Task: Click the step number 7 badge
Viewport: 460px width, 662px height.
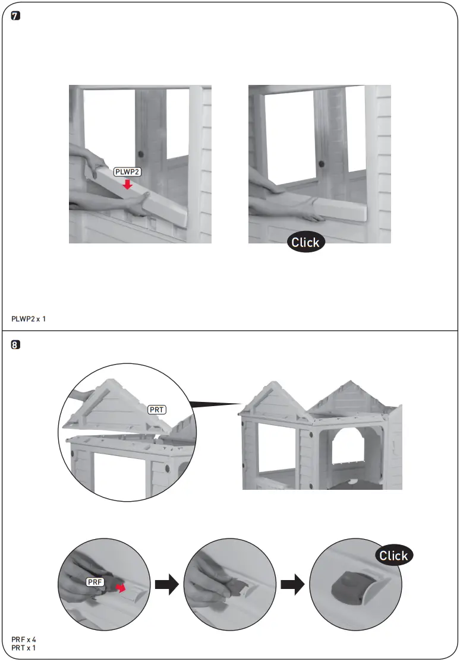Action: point(16,17)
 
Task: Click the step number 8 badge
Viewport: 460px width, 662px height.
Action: point(16,345)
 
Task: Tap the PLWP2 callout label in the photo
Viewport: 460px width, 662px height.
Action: point(127,173)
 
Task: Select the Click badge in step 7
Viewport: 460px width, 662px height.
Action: point(305,242)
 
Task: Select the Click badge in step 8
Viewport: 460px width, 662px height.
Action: point(393,555)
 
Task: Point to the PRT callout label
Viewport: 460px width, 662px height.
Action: point(157,409)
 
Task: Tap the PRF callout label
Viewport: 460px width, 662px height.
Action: point(95,583)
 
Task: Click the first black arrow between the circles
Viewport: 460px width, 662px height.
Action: point(166,586)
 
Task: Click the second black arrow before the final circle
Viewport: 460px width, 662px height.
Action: point(292,586)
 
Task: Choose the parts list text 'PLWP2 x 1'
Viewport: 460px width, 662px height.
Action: point(29,319)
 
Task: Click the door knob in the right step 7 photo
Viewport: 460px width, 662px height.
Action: point(321,163)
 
